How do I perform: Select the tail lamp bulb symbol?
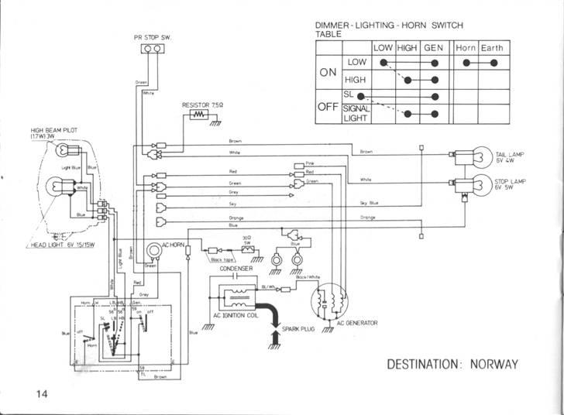[463, 156]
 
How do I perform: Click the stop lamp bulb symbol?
[463, 183]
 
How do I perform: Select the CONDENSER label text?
[236, 269]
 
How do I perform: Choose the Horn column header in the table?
[466, 48]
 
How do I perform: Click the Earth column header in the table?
[492, 48]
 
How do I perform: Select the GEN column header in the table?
[433, 48]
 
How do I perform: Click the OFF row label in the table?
[328, 108]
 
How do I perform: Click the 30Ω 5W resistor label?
[246, 241]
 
